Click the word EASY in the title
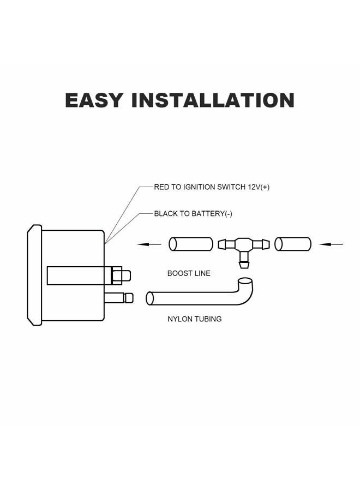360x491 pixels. point(94,100)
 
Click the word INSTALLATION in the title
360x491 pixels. point(213,100)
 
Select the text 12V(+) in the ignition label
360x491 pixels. point(259,187)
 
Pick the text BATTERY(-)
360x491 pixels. point(212,213)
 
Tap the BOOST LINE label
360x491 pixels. point(189,273)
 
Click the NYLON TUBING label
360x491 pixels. point(195,319)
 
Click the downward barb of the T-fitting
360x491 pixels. point(244,262)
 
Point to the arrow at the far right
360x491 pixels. point(331,244)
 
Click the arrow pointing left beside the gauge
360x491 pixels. point(149,244)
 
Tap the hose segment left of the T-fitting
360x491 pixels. point(191,244)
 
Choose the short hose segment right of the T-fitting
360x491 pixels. point(293,244)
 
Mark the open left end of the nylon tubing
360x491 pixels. point(150,298)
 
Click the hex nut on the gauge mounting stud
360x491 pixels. point(116,276)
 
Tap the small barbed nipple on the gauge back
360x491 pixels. point(128,298)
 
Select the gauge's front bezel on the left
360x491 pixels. point(34,276)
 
